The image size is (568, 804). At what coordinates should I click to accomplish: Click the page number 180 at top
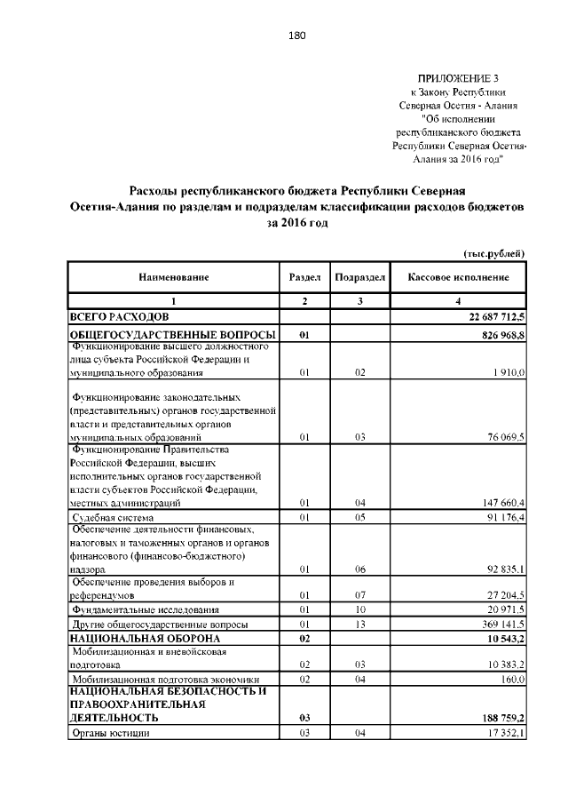[296, 36]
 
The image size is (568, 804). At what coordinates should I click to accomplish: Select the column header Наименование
[173, 278]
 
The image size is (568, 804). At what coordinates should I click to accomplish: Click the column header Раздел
[304, 278]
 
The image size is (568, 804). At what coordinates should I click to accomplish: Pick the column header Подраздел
[359, 278]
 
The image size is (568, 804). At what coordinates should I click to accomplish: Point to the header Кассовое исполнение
[458, 278]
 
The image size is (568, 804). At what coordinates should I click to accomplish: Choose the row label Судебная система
[113, 517]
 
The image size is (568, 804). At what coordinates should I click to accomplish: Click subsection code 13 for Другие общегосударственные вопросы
[359, 625]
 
